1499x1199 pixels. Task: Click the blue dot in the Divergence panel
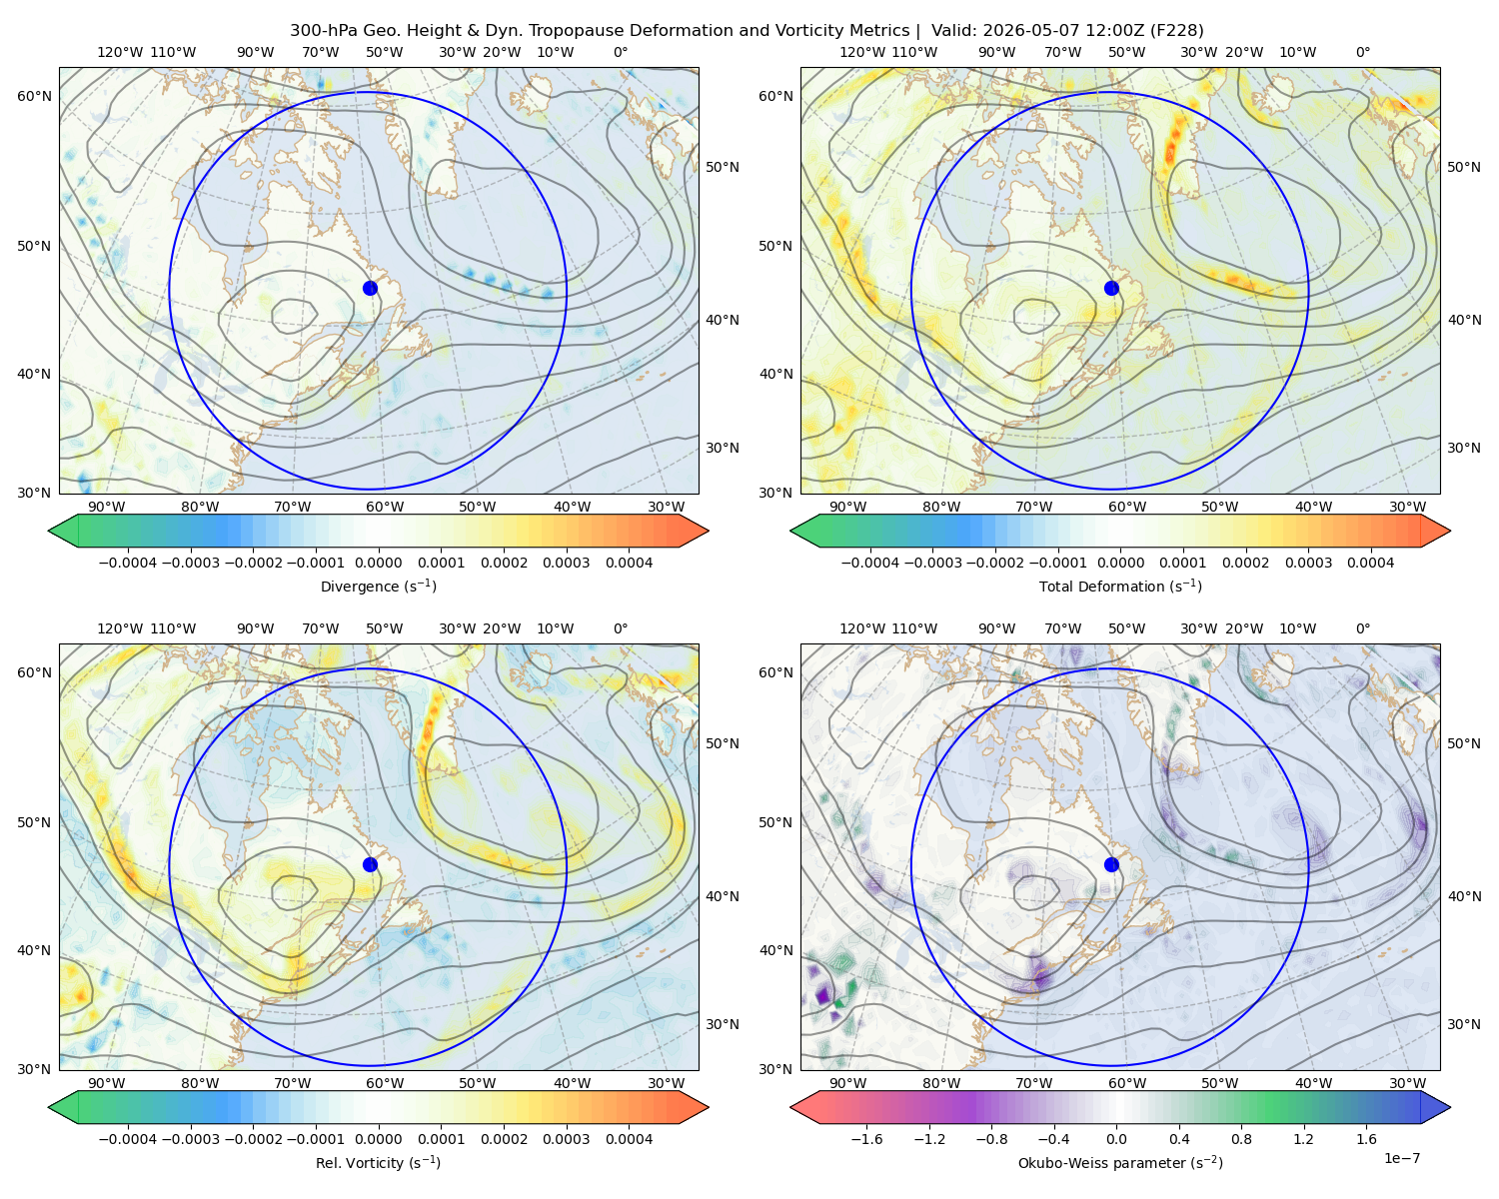[x=370, y=288]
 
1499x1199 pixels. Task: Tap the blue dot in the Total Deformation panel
[x=1111, y=288]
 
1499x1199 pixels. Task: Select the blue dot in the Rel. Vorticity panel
[x=370, y=864]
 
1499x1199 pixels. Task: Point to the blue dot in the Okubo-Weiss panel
[x=1111, y=864]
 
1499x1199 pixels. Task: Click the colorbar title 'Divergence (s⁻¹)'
[x=378, y=586]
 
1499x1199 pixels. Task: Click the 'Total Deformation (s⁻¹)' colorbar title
[x=1120, y=586]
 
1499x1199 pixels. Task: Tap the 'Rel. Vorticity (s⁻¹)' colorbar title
[x=378, y=1162]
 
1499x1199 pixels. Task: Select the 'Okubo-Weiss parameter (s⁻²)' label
[x=1120, y=1162]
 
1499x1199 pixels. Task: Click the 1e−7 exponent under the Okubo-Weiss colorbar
[x=1401, y=1158]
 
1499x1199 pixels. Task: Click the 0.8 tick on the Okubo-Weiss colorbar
[x=1241, y=1138]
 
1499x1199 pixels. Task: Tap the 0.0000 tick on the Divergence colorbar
[x=378, y=563]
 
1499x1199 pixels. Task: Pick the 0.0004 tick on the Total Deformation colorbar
[x=1370, y=563]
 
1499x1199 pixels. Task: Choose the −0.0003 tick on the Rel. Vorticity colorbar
[x=190, y=1138]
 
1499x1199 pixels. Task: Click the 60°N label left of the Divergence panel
[x=34, y=96]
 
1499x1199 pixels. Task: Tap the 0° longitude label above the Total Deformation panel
[x=1362, y=52]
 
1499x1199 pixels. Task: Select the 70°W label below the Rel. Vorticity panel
[x=292, y=1083]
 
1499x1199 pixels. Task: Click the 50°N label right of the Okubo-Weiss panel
[x=1463, y=743]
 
